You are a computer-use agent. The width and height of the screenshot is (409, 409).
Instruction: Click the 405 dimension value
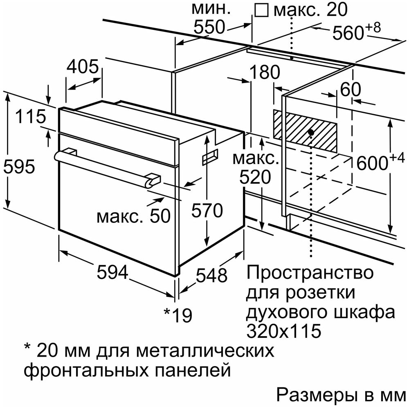pos(83,66)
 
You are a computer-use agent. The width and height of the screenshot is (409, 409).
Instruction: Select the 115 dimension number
pos(31,116)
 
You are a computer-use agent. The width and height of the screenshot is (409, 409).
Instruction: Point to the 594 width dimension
pos(112,272)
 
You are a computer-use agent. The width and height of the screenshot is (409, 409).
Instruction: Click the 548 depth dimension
pos(211,275)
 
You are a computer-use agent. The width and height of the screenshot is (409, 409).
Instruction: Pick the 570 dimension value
pos(207,210)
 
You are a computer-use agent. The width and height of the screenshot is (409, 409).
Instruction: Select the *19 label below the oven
pos(178,315)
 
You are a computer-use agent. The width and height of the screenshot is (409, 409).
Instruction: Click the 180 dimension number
pos(264,72)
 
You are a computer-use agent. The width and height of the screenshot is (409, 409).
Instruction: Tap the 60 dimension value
pos(351,89)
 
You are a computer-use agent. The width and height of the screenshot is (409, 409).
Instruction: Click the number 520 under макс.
pos(255,177)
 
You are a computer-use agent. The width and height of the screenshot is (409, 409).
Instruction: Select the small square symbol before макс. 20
pos(262,10)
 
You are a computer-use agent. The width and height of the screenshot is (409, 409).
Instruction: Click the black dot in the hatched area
pos(310,132)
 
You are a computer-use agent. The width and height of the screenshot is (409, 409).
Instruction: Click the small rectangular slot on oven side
pos(210,157)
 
